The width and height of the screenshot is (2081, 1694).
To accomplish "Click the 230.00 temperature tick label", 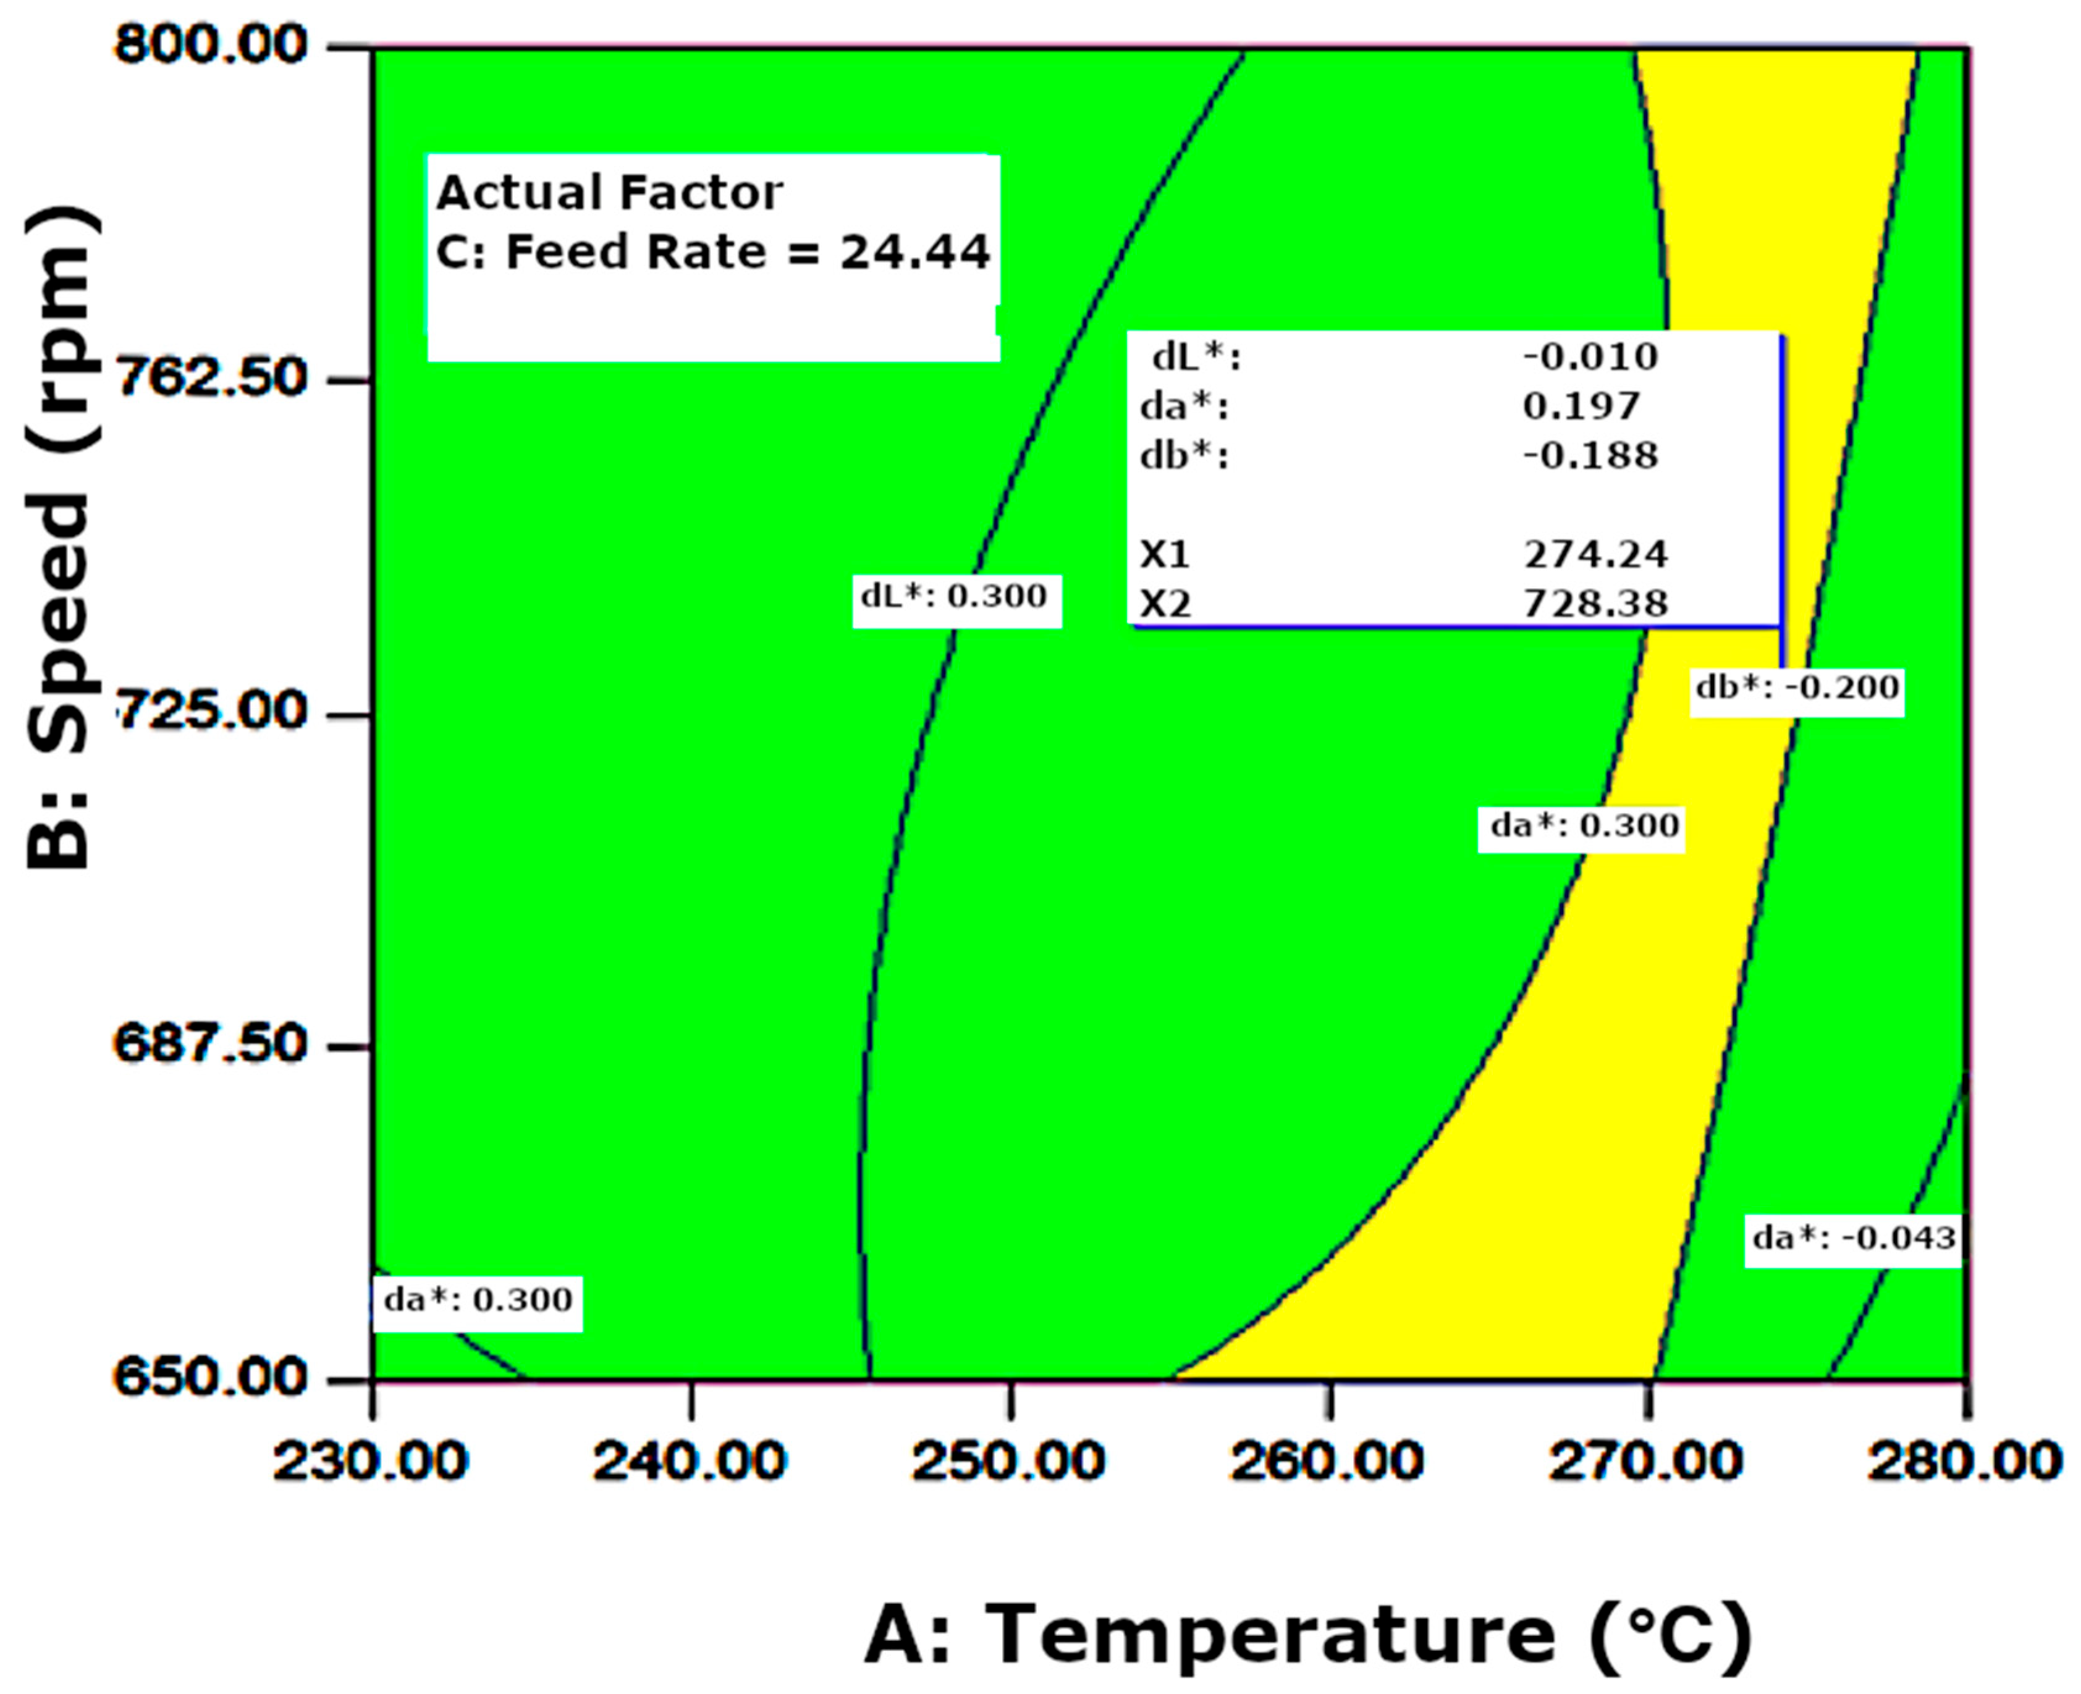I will pos(370,1461).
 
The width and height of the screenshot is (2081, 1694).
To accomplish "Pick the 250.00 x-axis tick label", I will pos(1008,1461).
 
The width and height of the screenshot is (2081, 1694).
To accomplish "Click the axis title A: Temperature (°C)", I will pos(1308,1632).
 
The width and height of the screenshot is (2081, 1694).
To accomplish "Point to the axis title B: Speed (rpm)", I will pos(61,537).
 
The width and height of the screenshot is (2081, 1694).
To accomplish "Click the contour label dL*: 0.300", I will pos(955,596).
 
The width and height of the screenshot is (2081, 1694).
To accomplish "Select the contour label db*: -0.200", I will pos(1797,688).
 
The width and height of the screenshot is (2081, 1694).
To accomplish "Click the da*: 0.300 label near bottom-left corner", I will pos(477,1300).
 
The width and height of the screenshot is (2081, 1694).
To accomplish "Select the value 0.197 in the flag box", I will pos(1581,406).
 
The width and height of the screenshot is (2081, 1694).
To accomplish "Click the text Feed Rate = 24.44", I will pos(746,253).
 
